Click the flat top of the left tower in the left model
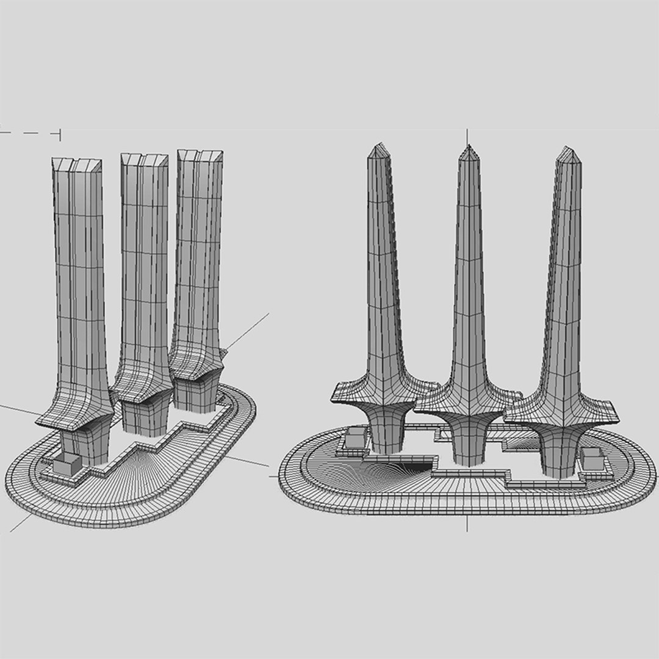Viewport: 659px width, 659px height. [x=77, y=164]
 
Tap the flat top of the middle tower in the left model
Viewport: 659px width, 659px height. [x=144, y=159]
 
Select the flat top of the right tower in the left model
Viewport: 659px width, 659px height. [x=200, y=154]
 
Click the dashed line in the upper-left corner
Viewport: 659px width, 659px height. [x=31, y=132]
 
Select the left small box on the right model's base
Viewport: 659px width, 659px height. [x=355, y=438]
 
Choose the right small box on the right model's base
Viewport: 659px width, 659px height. [x=592, y=457]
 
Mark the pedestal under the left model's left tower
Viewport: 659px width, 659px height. [x=85, y=445]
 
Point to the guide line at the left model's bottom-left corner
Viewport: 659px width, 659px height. [x=21, y=522]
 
